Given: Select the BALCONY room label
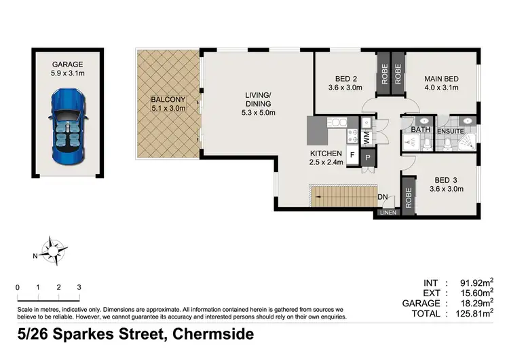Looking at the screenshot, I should click(x=166, y=101).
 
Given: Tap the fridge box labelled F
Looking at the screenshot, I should click(x=353, y=155).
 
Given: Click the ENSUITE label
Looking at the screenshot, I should click(x=449, y=130).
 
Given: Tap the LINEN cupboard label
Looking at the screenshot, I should click(x=388, y=213).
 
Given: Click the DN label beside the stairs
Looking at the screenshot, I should click(x=383, y=198).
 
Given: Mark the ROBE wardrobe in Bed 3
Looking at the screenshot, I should click(x=409, y=195).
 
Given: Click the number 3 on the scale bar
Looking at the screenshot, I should click(x=79, y=287).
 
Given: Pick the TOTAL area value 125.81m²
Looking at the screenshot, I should click(x=474, y=314).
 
